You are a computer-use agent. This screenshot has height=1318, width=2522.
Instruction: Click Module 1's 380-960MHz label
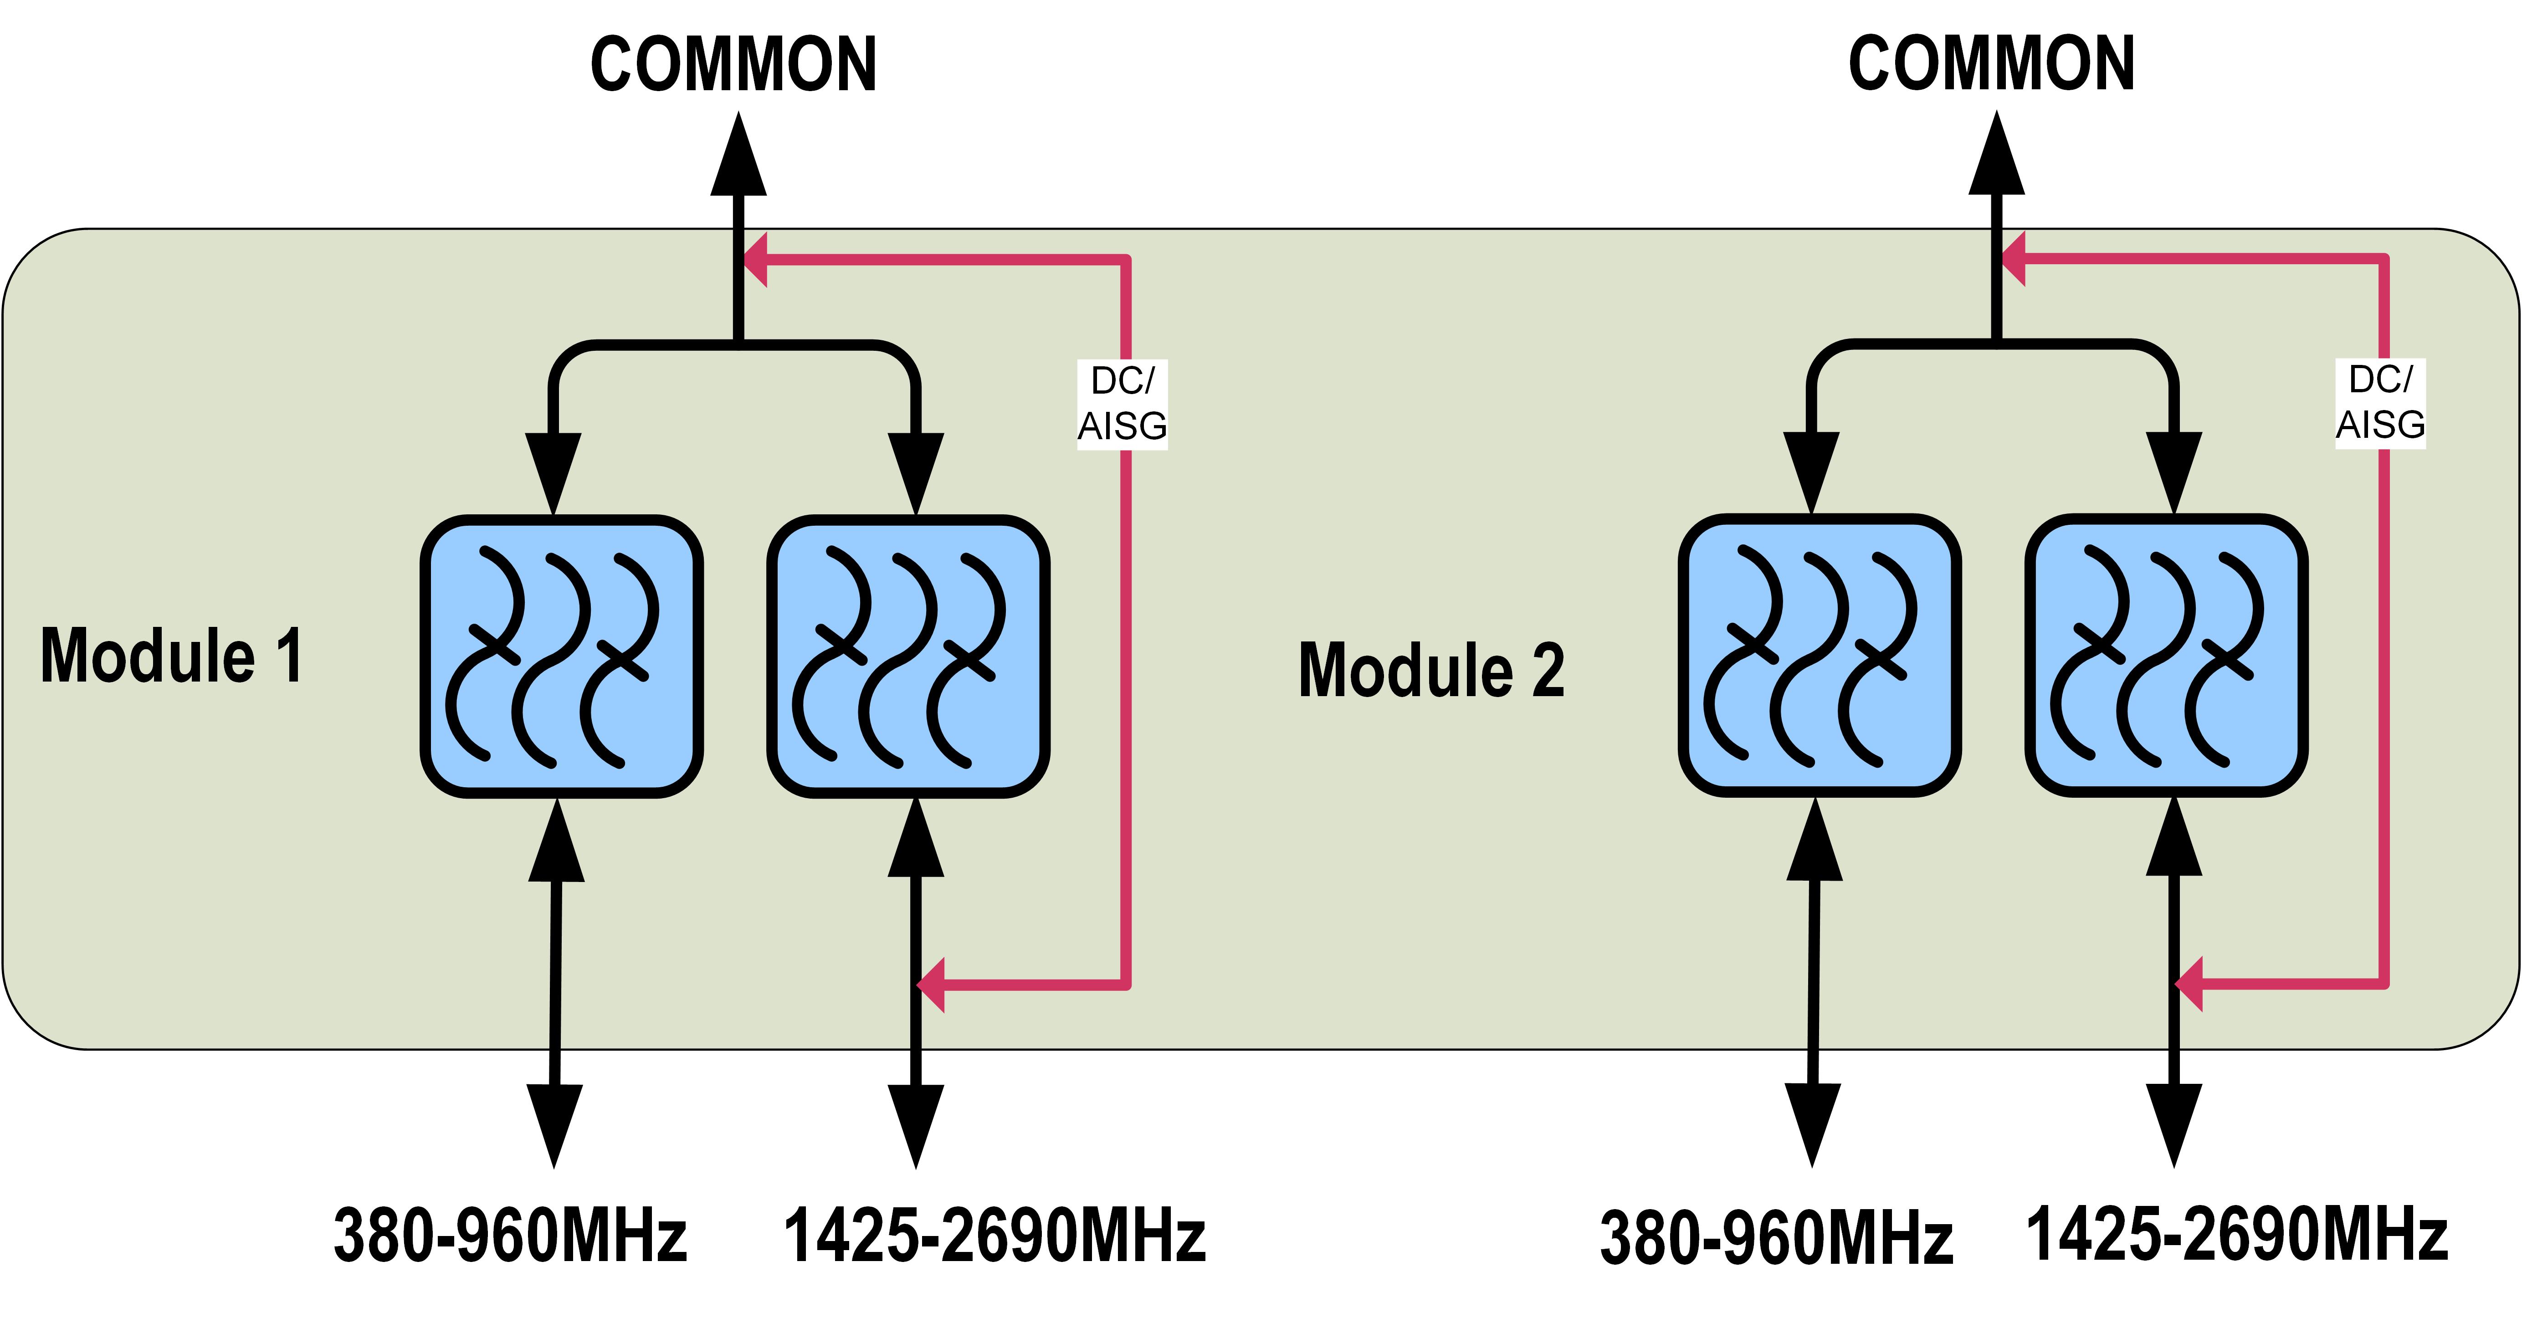point(510,1236)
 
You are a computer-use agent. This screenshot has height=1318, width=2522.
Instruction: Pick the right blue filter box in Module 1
point(908,656)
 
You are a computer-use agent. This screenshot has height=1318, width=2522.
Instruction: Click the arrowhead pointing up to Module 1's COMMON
point(738,157)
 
